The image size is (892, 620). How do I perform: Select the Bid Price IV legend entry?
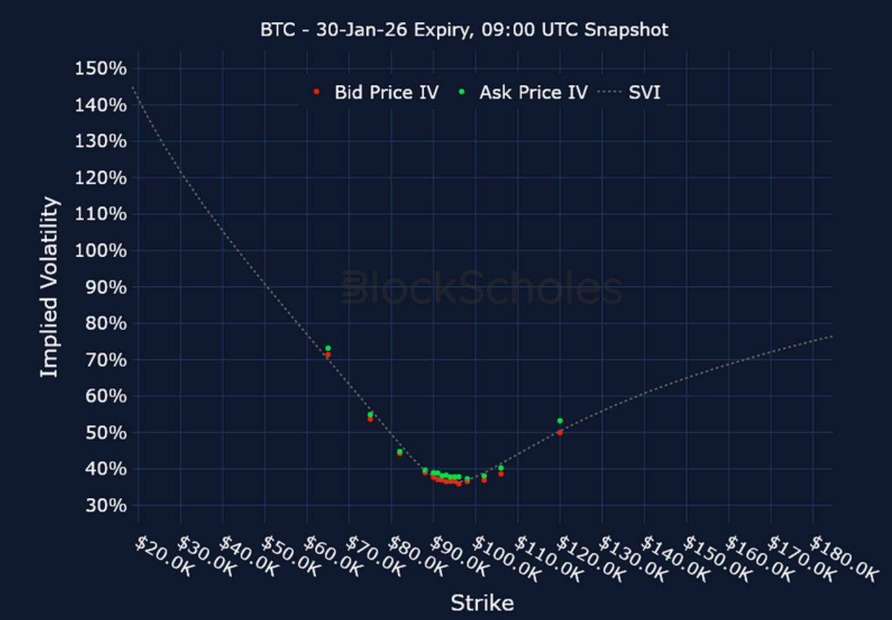point(379,92)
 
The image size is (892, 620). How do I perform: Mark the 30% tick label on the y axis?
point(100,506)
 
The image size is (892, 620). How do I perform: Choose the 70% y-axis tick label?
point(100,360)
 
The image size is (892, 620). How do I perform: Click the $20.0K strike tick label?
point(161,558)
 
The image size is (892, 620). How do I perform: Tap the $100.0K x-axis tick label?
point(498,558)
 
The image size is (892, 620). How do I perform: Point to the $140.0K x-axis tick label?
point(666,558)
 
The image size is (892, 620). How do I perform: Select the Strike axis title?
point(482,602)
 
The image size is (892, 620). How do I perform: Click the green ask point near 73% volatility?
point(327,348)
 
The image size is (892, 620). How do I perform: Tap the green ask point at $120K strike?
point(560,421)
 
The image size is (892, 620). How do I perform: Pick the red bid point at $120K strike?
point(560,432)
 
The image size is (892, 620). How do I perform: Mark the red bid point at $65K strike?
point(327,355)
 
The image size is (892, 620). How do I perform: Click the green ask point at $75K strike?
point(370,414)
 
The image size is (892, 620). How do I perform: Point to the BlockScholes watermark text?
point(482,288)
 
